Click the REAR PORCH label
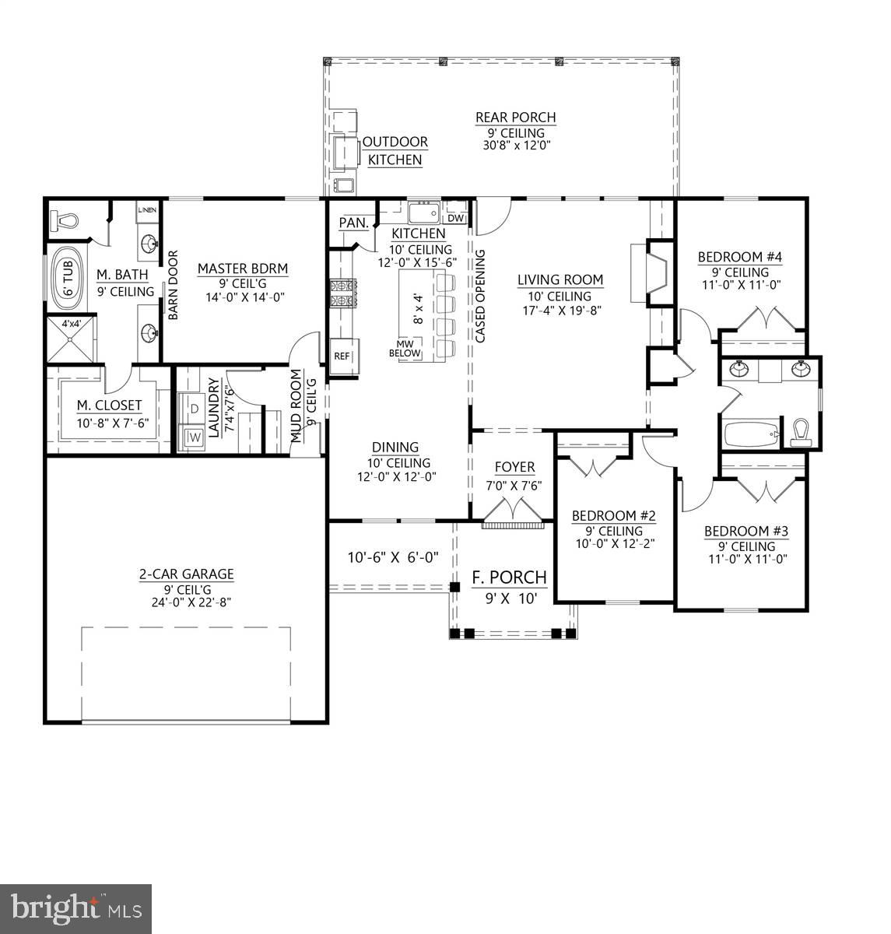[515, 118]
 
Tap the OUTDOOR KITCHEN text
[395, 151]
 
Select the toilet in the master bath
[65, 221]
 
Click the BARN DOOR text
[173, 285]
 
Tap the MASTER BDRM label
[242, 269]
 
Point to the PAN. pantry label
[353, 223]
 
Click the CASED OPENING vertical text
[480, 296]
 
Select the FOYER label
[515, 467]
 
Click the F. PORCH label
[509, 578]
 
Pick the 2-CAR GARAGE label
[186, 574]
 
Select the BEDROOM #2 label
[614, 516]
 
